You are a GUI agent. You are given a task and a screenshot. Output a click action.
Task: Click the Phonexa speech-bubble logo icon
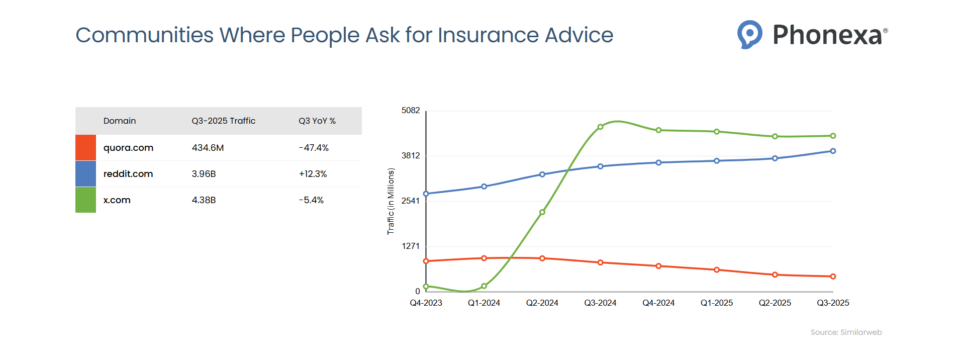(x=749, y=34)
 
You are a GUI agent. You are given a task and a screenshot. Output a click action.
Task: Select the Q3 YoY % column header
(x=317, y=121)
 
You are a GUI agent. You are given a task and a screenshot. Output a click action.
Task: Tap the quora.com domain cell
(x=128, y=148)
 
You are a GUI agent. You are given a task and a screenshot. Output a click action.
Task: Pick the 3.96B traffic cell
(x=204, y=174)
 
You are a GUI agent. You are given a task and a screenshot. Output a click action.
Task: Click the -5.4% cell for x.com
(x=311, y=200)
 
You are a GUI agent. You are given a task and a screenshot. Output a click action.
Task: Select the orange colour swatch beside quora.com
(x=85, y=148)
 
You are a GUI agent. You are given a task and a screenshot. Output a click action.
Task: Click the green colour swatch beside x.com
(x=85, y=200)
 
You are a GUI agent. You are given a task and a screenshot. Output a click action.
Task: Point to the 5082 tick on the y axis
(x=410, y=111)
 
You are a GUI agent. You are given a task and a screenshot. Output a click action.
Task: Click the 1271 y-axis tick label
(x=410, y=246)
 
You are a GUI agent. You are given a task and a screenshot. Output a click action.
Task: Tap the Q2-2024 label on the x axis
(x=542, y=303)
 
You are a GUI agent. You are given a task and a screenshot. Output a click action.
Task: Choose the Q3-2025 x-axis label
(x=833, y=303)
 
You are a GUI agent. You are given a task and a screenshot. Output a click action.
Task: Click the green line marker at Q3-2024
(x=600, y=127)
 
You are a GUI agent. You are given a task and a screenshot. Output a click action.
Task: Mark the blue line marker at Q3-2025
(x=833, y=151)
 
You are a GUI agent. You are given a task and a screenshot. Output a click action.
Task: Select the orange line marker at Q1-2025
(x=717, y=270)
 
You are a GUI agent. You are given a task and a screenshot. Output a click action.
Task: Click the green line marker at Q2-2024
(x=542, y=212)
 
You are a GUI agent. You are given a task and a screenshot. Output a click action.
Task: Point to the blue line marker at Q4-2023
(x=426, y=194)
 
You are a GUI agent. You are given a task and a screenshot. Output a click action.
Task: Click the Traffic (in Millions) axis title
(x=391, y=201)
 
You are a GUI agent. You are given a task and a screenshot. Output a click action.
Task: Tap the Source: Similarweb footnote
(x=846, y=332)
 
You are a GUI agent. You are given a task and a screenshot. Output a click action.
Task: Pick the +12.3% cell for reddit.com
(x=313, y=174)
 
